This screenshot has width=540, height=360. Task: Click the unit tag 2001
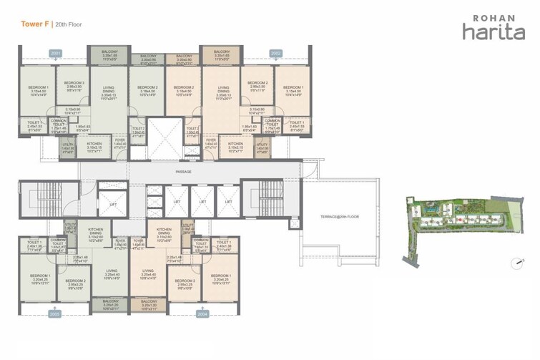click(56, 53)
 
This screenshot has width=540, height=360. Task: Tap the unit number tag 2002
click(276, 53)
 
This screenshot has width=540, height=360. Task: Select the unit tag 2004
click(203, 313)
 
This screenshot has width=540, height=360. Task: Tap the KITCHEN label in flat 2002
click(236, 145)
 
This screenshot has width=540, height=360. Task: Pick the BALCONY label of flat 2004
click(148, 302)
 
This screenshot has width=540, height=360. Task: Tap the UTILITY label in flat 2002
click(262, 145)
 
